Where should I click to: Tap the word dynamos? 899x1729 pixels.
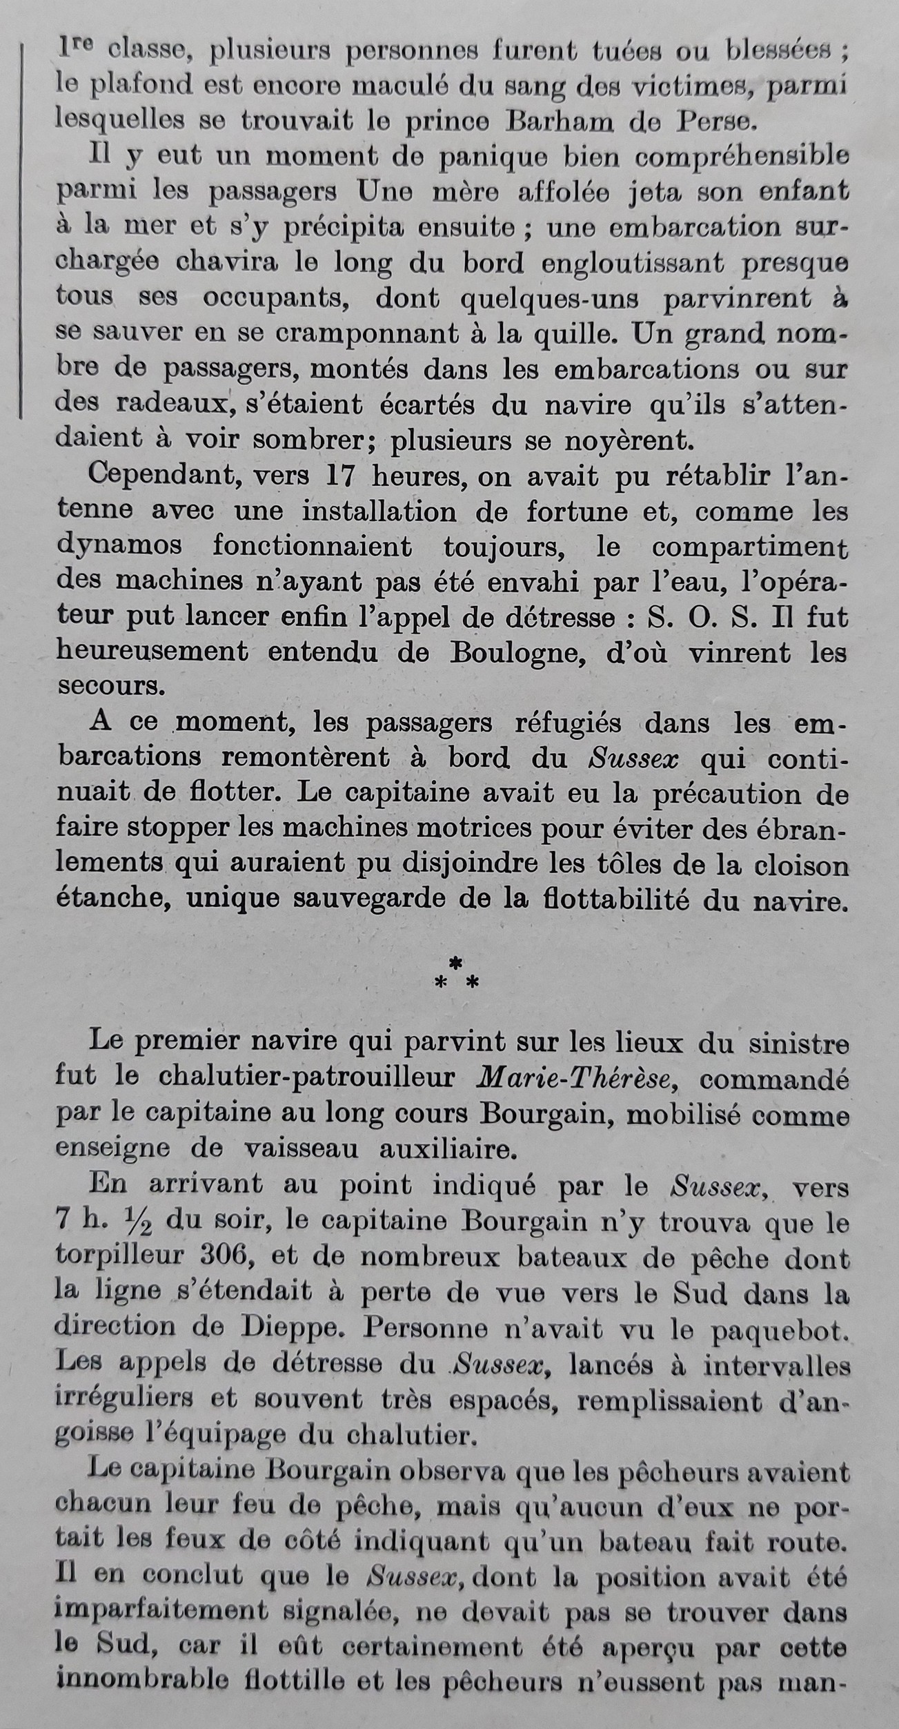tap(119, 546)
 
